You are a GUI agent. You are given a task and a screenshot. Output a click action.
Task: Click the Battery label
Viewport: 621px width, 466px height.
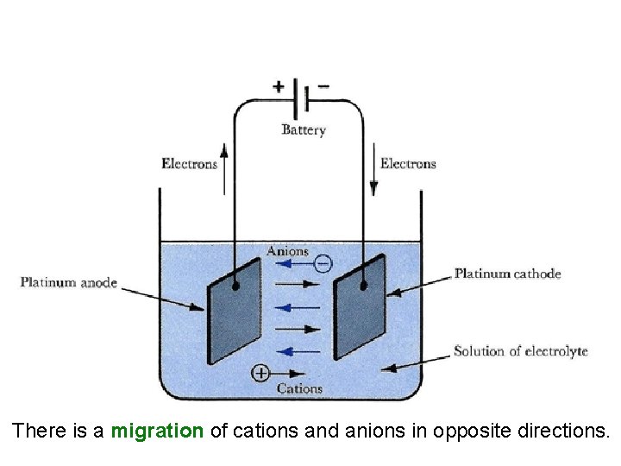click(304, 130)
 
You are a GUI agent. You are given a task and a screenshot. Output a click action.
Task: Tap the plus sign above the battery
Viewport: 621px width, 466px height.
click(279, 86)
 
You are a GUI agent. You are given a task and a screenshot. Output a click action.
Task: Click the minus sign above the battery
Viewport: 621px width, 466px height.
click(323, 86)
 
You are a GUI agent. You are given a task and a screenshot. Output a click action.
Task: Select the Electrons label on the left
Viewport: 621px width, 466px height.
click(189, 163)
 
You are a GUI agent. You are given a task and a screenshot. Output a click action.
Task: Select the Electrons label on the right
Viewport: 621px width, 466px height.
click(408, 163)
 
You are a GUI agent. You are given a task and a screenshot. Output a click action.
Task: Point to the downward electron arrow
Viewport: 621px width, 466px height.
click(374, 173)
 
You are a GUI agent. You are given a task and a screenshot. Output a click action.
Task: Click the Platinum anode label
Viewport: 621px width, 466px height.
click(69, 282)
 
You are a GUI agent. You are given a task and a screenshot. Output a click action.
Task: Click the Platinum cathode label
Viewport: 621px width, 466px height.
click(508, 274)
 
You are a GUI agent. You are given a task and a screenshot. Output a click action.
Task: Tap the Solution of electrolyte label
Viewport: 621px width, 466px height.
click(521, 351)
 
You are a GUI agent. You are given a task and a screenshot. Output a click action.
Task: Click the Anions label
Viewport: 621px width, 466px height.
click(287, 251)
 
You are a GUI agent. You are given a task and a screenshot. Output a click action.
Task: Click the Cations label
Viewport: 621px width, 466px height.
click(299, 388)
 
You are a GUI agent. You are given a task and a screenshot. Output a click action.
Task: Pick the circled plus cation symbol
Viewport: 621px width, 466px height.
click(260, 373)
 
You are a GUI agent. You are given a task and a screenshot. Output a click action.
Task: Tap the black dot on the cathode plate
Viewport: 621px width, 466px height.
click(363, 286)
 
